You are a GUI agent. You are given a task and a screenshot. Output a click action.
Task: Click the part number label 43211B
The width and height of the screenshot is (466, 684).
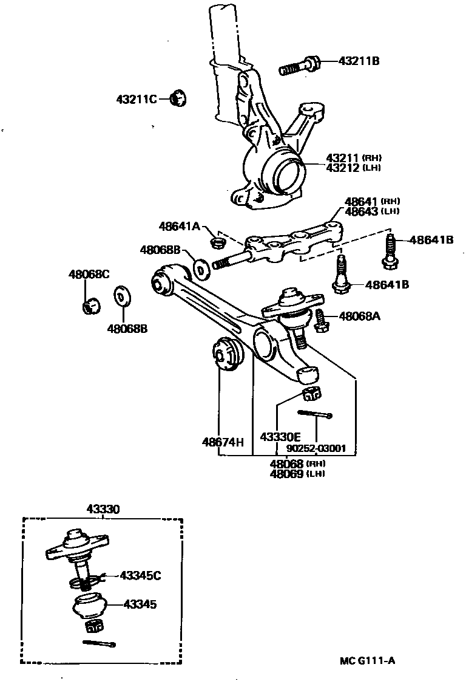359,61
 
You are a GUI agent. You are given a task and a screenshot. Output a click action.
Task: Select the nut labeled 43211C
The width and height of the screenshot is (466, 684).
178,97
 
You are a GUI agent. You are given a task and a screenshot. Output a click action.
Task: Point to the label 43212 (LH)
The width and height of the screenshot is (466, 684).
354,168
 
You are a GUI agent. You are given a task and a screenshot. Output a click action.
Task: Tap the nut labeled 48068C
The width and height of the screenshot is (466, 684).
91,306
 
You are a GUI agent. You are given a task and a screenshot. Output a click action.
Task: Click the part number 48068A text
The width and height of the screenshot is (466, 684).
360,316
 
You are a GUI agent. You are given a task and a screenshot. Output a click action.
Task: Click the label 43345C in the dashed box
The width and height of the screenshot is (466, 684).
141,575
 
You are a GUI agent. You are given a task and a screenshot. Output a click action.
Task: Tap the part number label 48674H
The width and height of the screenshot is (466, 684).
223,442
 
